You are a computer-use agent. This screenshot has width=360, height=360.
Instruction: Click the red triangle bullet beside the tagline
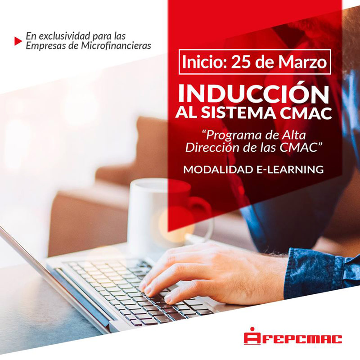point(18,41)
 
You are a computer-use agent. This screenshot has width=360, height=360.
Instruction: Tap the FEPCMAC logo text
point(302,339)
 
